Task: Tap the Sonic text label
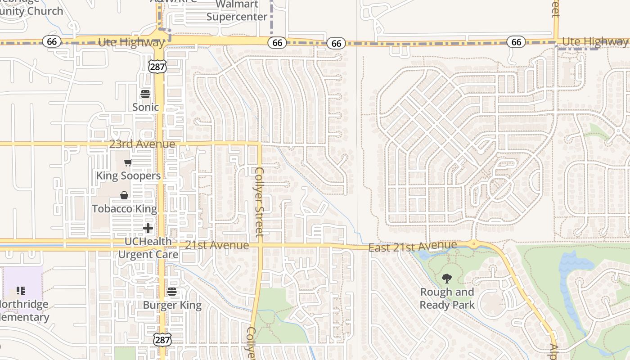[145, 107]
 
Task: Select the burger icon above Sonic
[145, 94]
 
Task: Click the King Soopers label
[128, 175]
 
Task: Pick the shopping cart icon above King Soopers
[128, 163]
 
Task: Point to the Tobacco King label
[125, 209]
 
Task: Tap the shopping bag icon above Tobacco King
[124, 195]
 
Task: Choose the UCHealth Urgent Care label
[148, 248]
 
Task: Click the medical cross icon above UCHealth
[148, 229]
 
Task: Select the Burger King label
[172, 305]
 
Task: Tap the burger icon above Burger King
[172, 292]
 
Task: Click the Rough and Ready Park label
[447, 298]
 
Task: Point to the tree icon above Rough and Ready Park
[447, 279]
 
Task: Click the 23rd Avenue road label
[142, 144]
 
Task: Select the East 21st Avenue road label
[413, 247]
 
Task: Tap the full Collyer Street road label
[259, 202]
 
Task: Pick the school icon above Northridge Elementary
[21, 291]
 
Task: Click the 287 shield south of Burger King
[162, 340]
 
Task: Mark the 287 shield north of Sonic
[157, 67]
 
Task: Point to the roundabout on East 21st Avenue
[473, 244]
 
